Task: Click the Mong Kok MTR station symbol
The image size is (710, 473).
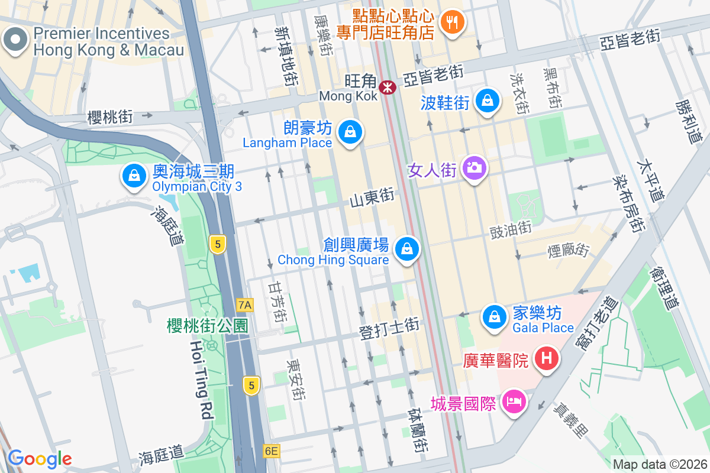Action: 388,88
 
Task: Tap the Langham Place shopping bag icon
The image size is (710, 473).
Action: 350,132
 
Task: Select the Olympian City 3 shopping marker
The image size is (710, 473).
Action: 134,176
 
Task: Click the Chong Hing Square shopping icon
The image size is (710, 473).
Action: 406,248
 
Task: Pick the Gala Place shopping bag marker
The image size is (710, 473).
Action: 493,316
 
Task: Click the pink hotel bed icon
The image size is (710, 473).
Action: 514,402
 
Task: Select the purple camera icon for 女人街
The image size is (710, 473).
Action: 473,168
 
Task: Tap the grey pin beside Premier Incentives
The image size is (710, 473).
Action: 15,40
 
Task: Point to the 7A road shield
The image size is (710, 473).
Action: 244,305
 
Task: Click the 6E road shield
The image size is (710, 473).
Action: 271,451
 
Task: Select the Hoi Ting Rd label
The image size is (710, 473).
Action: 201,379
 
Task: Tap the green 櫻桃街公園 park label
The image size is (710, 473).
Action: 207,325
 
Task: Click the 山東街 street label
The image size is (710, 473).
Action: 372,198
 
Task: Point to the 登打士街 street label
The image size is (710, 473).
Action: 389,329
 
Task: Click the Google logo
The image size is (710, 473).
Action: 40,458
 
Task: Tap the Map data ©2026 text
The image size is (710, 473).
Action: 659,464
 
